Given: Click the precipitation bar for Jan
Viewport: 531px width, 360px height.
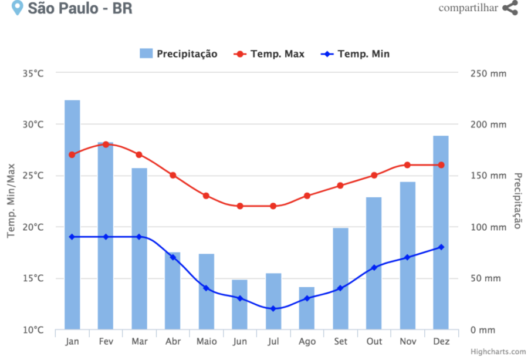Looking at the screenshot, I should click(72, 214).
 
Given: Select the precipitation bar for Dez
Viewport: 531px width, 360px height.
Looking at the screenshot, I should click(441, 232).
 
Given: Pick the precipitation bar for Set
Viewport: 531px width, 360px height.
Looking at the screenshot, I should click(340, 278).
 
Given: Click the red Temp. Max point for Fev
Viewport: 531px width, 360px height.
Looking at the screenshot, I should click(106, 144).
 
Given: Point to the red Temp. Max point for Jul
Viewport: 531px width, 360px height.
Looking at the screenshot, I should click(273, 206).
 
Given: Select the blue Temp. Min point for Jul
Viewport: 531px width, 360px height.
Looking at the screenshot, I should click(273, 308).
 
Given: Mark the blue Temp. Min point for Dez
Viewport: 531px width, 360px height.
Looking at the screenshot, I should click(441, 247).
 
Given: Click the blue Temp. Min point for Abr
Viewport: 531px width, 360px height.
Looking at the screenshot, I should click(173, 257).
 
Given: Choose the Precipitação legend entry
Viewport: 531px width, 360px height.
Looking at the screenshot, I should click(179, 54).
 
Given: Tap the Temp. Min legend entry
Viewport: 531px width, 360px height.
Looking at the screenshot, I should click(356, 54).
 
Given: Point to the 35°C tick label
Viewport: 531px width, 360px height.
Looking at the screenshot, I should click(33, 73).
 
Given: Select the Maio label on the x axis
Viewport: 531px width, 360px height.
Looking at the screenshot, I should click(206, 341).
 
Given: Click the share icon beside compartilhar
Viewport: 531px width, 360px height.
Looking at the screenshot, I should click(510, 8).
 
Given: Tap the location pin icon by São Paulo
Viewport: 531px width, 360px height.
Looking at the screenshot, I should click(18, 8).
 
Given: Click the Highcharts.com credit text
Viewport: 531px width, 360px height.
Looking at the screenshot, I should click(498, 351).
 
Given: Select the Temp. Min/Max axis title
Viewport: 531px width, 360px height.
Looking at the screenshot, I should click(11, 200).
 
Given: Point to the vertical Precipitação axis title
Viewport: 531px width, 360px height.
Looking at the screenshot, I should click(518, 200).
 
